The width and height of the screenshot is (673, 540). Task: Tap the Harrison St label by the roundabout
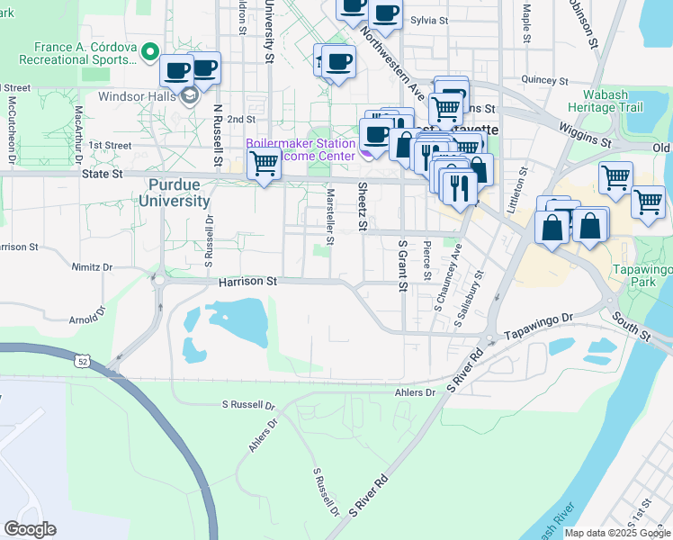pos(247,282)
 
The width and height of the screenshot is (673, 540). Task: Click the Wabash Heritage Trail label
pos(605,100)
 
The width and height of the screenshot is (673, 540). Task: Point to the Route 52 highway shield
pos(83,361)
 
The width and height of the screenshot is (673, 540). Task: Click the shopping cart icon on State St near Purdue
pos(264,164)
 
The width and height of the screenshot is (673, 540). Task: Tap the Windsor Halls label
pos(144,96)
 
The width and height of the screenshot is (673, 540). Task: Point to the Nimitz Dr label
pos(92,267)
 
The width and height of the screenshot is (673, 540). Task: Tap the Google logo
pos(30,529)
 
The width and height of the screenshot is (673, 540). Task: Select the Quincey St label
pos(546,79)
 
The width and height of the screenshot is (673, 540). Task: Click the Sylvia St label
pos(429,19)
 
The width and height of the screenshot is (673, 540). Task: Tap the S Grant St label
pos(402,265)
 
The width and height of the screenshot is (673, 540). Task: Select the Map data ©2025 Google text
pos(617,533)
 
